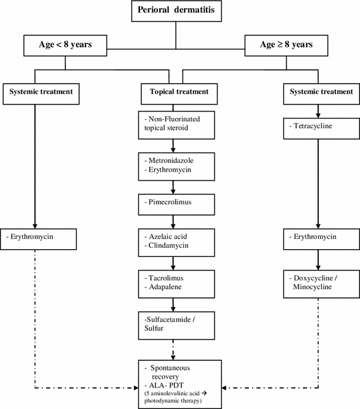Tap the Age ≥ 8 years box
(x=287, y=46)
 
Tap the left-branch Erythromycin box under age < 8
(x=41, y=239)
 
